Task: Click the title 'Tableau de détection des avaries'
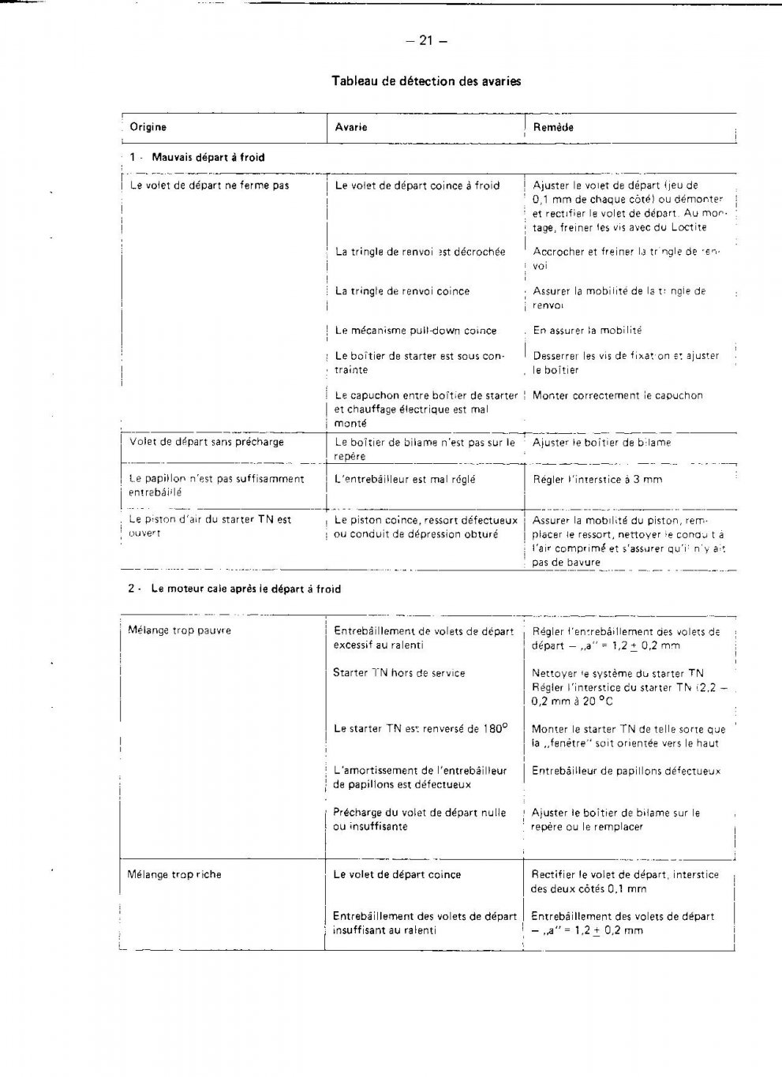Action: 426,81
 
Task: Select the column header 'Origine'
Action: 148,127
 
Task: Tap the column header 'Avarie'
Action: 351,127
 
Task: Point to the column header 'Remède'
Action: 553,127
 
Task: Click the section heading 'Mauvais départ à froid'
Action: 208,157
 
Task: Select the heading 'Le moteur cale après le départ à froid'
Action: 245,589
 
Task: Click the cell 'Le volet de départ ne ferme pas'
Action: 209,186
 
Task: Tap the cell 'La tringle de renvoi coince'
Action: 402,291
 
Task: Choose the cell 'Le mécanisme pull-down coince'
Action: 416,331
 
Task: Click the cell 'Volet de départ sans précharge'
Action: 207,442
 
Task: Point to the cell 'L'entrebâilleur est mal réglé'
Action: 405,479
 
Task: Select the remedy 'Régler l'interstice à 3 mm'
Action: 597,479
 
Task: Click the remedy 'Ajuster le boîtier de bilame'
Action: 601,443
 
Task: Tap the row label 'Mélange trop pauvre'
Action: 179,630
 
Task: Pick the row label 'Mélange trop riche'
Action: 174,874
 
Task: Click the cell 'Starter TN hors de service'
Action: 399,673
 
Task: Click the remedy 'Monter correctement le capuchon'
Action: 617,395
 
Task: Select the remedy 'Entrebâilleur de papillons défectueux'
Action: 626,771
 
